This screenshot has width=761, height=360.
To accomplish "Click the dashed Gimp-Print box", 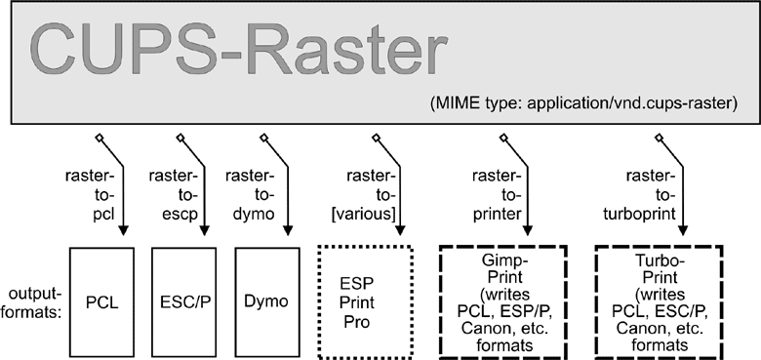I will point(502,299).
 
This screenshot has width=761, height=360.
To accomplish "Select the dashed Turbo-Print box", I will point(659,299).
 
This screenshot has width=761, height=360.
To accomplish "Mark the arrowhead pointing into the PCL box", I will point(124,232).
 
